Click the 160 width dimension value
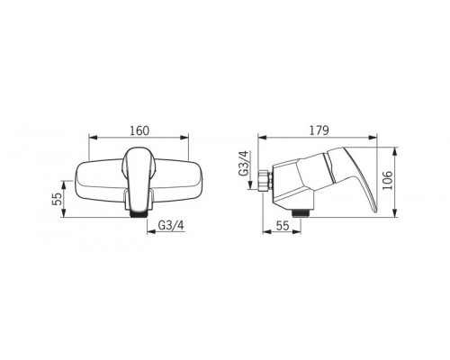click(139, 130)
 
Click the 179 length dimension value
click(319, 130)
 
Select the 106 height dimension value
click(388, 180)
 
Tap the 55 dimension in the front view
click(57, 198)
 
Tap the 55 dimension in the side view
click(283, 225)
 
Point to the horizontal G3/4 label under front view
click(171, 225)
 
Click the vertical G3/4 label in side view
click(244, 163)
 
